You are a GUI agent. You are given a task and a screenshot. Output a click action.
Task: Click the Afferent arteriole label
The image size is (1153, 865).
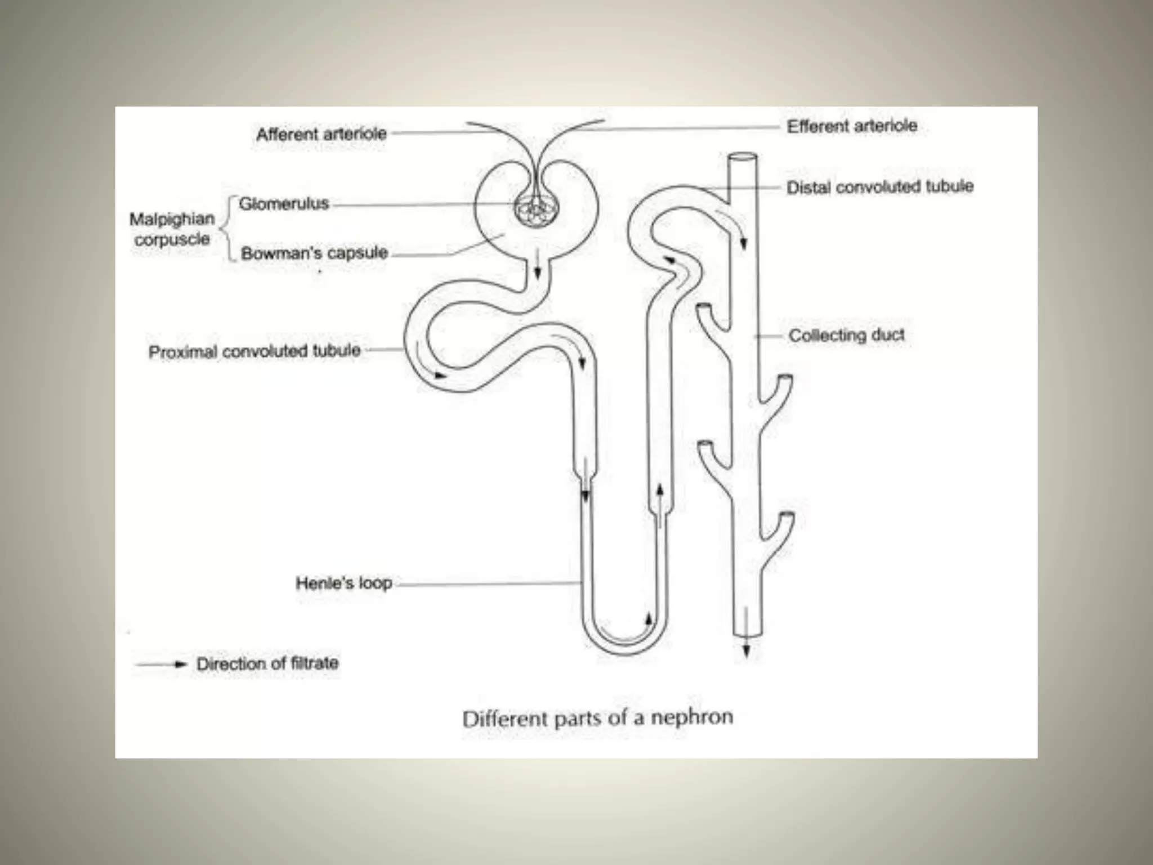(321, 134)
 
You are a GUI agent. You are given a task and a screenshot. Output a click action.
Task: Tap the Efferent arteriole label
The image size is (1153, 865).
(852, 126)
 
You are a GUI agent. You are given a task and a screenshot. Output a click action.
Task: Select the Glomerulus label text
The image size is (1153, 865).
(284, 203)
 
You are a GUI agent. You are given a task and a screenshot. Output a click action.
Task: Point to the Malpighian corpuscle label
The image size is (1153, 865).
(172, 229)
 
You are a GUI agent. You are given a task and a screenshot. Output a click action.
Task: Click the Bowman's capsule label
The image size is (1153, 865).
(314, 253)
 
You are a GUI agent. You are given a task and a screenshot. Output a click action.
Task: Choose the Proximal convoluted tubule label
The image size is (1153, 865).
(254, 351)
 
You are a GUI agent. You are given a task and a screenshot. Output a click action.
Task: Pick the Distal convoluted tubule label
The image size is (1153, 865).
(880, 187)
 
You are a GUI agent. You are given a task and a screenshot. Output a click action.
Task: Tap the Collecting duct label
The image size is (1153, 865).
(846, 336)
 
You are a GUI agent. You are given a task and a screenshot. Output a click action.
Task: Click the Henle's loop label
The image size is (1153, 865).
(344, 583)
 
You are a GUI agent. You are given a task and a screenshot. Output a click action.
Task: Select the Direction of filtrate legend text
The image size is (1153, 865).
(267, 663)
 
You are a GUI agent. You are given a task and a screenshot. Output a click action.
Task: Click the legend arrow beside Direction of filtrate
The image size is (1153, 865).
(161, 665)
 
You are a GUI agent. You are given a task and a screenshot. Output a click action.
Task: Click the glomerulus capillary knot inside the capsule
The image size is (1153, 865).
(537, 212)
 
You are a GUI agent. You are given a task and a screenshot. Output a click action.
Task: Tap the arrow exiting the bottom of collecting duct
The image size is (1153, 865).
(747, 648)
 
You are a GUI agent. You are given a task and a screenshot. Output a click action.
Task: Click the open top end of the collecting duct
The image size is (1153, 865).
(742, 159)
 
